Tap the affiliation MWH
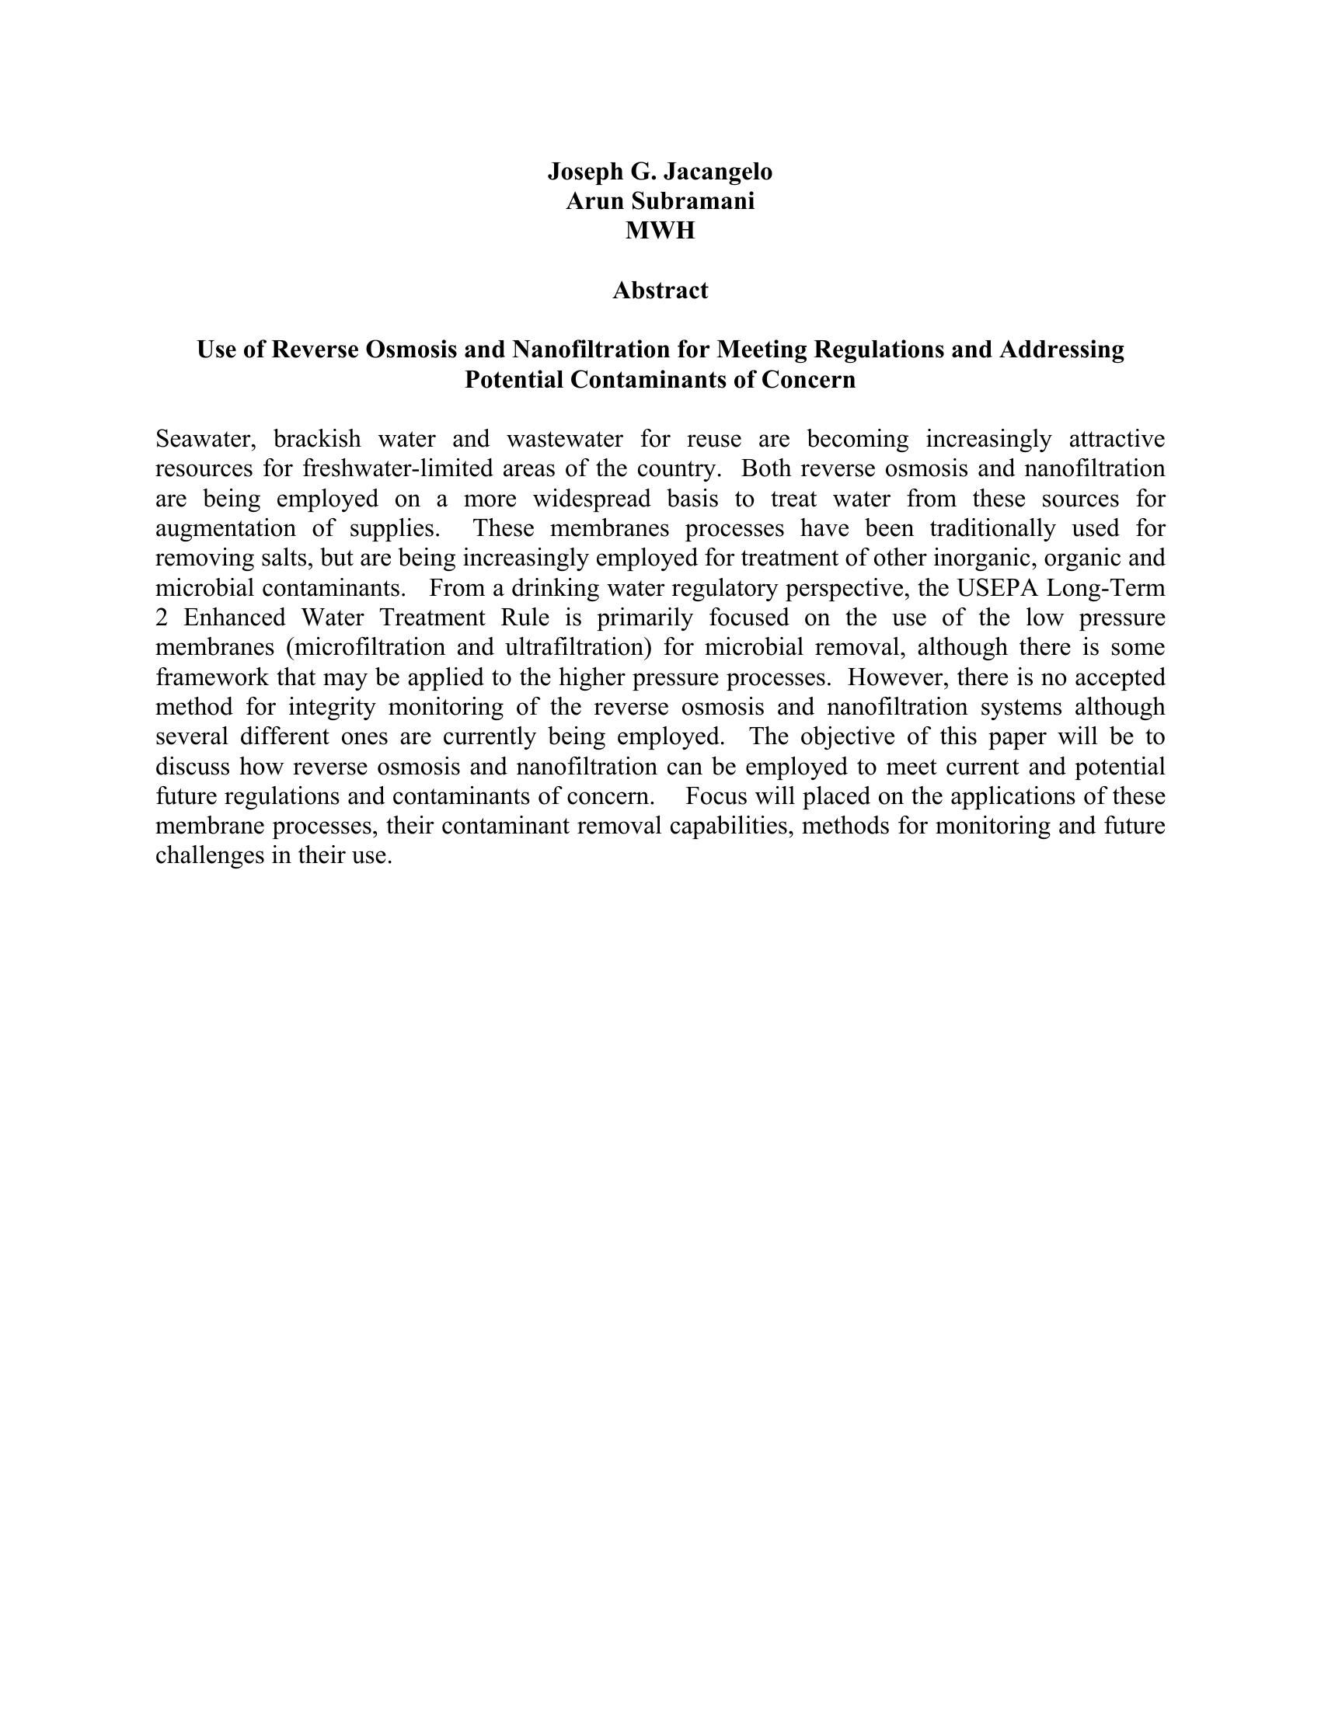[660, 231]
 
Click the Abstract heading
[660, 291]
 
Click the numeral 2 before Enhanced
[161, 618]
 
